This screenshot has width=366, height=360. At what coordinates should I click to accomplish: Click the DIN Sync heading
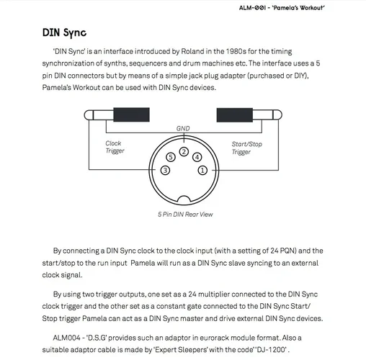pyautogui.click(x=64, y=33)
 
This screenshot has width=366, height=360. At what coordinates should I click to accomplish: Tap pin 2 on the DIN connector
pyautogui.click(x=184, y=152)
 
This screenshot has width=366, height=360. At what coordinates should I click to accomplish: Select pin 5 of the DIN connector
pyautogui.click(x=171, y=157)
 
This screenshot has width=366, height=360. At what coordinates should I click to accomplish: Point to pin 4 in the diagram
pyautogui.click(x=197, y=157)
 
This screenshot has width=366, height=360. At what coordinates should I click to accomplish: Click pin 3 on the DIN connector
pyautogui.click(x=165, y=170)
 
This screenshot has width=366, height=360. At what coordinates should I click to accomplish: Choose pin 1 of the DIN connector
pyautogui.click(x=202, y=170)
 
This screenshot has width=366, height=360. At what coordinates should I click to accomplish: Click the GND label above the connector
pyautogui.click(x=183, y=128)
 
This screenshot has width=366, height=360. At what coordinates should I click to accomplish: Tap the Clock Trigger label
pyautogui.click(x=115, y=147)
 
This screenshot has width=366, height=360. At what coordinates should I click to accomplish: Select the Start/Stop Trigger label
pyautogui.click(x=247, y=148)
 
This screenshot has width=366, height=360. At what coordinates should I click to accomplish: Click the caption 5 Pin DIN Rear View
pyautogui.click(x=185, y=215)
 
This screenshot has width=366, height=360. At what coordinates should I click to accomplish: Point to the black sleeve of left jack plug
pyautogui.click(x=131, y=114)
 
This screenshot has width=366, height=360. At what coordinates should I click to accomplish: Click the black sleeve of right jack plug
pyautogui.click(x=235, y=115)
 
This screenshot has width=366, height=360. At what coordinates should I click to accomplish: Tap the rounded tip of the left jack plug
pyautogui.click(x=88, y=115)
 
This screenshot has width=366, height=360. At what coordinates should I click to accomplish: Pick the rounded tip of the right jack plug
pyautogui.click(x=277, y=115)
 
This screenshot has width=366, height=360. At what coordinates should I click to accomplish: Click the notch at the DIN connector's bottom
pyautogui.click(x=184, y=199)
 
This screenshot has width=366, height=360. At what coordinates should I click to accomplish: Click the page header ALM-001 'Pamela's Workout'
pyautogui.click(x=282, y=8)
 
